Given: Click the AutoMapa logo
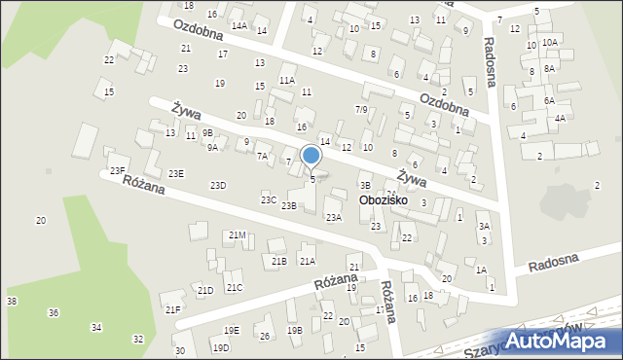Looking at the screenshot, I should tap(562, 340).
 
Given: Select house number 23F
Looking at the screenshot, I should tap(117, 171).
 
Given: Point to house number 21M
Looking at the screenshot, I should tap(237, 235).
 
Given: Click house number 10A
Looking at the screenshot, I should tap(550, 42).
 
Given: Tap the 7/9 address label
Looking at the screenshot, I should tap(361, 109).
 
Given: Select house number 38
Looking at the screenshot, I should tap(12, 302).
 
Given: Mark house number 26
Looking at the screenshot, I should tap(264, 337).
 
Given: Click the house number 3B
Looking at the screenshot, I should tap(365, 185).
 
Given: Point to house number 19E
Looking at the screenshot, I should tap(231, 331).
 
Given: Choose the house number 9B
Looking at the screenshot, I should tap(207, 132).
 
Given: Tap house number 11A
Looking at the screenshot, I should tap(286, 81).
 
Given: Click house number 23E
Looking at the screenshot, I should tap(175, 173).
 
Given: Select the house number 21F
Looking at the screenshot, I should tap(172, 309).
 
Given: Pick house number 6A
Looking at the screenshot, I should tap(549, 101).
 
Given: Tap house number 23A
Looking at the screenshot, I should tap(334, 218).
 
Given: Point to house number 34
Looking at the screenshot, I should tap(96, 328).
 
